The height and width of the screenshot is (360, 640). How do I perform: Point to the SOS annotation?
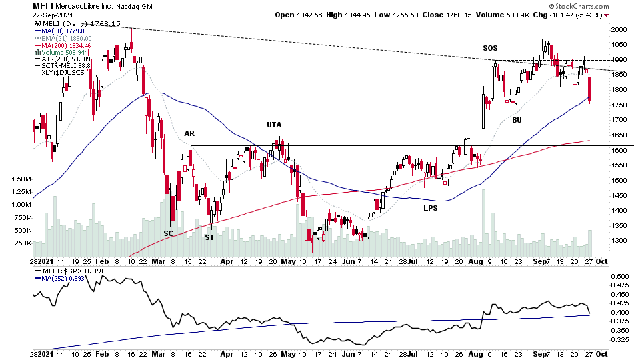click(491, 48)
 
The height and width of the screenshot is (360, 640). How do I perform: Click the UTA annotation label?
click(274, 125)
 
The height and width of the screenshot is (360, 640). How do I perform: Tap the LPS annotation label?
click(431, 209)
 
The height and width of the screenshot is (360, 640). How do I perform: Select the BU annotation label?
click(517, 120)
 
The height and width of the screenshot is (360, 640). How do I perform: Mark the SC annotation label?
click(169, 233)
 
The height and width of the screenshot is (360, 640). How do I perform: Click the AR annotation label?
click(189, 133)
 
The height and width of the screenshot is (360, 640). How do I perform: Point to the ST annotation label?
click(209, 237)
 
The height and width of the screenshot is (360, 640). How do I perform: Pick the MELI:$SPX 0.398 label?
click(63, 270)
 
